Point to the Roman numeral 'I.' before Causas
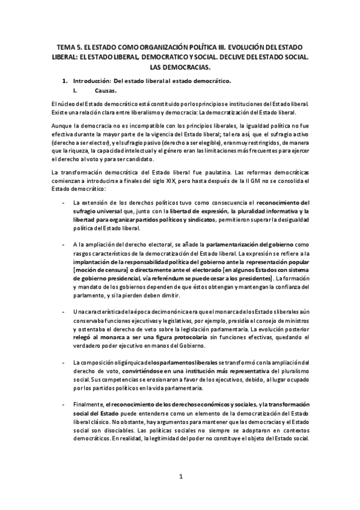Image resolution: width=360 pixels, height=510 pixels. tap(75, 91)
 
